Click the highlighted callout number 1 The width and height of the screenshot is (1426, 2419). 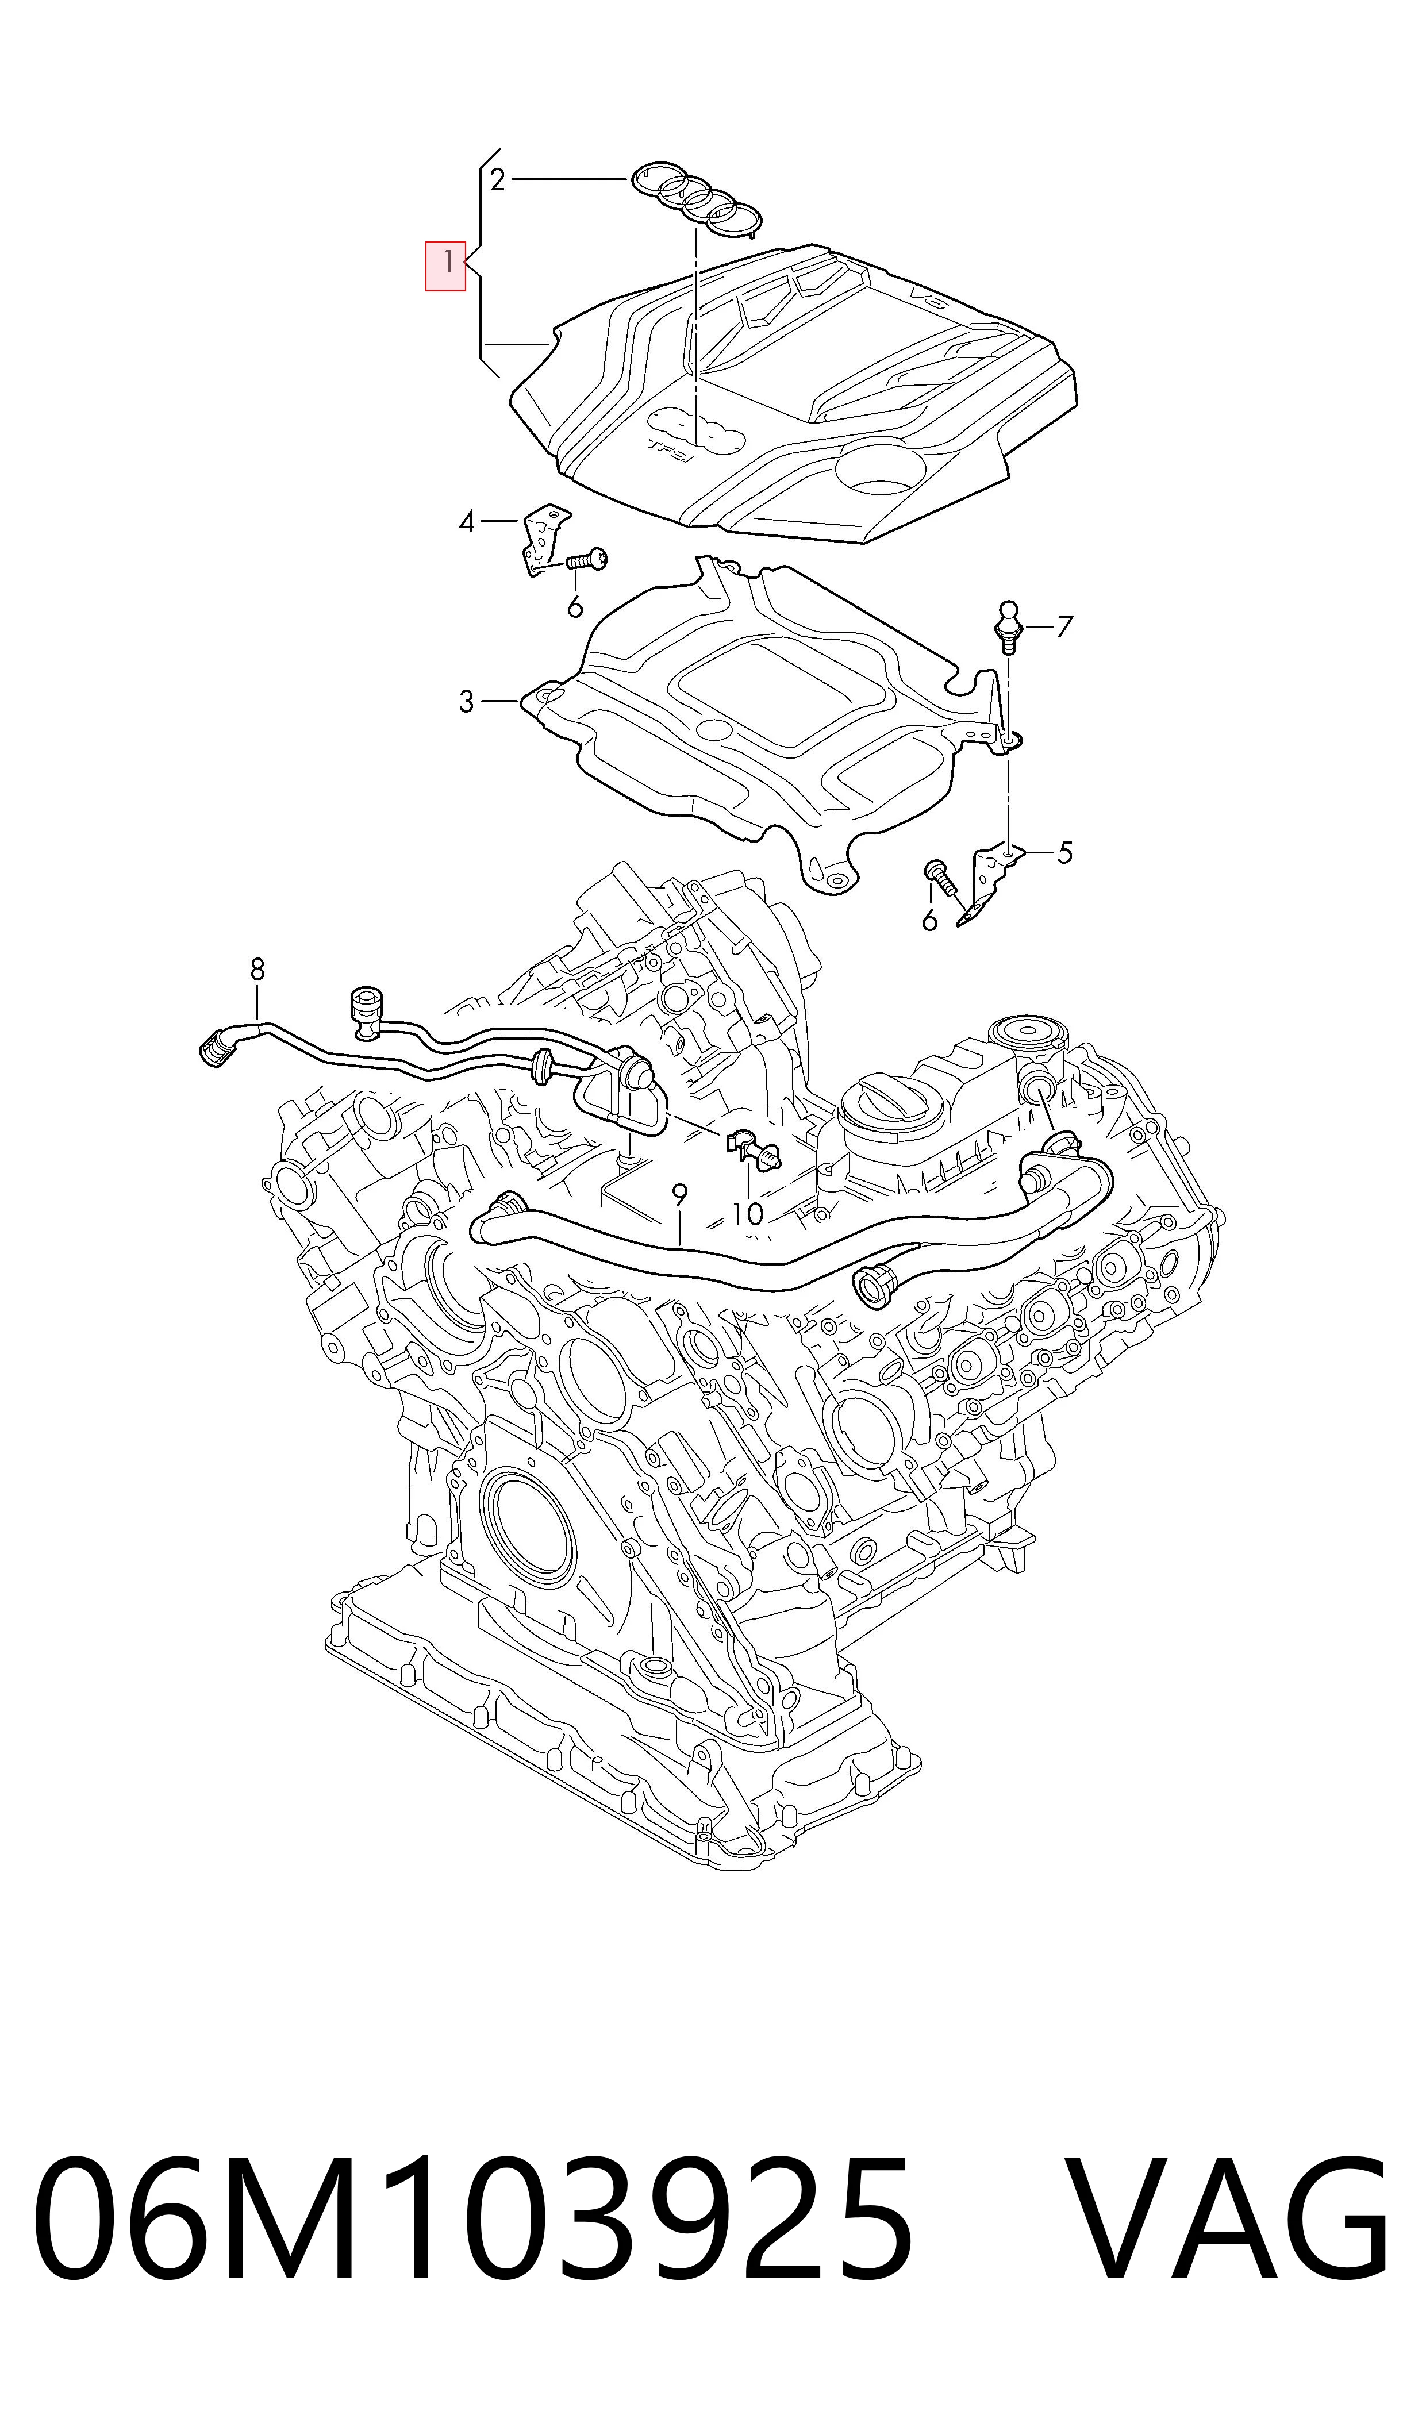pos(447,261)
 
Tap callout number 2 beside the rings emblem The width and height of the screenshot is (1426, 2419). pos(497,180)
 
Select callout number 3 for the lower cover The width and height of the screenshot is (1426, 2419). pos(466,702)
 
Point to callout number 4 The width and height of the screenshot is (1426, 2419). pos(467,522)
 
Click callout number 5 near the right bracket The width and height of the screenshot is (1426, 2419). pos(1064,852)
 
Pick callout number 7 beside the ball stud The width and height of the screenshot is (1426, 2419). pos(1064,628)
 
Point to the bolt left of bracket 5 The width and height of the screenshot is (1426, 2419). pos(940,876)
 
